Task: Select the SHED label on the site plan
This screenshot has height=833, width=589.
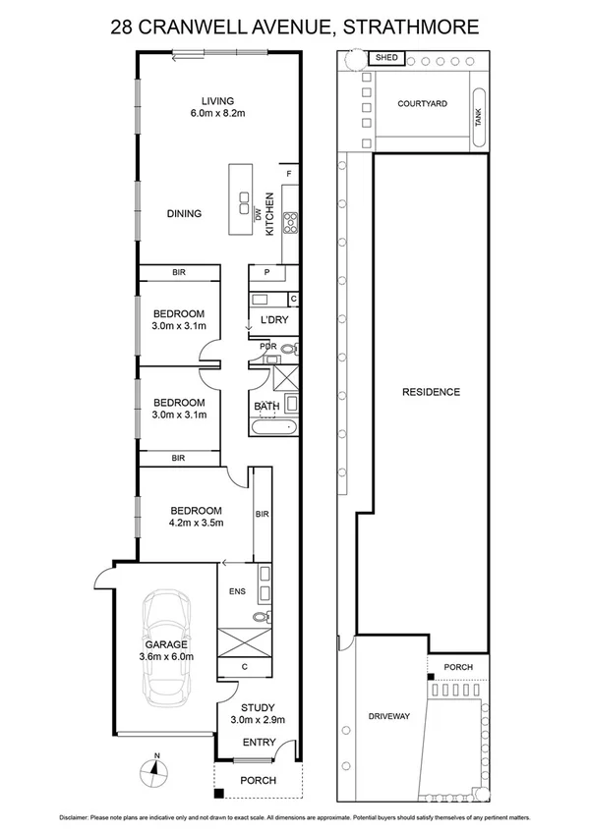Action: [385, 58]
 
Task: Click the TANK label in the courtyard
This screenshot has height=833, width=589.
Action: [479, 127]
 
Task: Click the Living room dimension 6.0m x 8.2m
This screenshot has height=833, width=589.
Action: [217, 114]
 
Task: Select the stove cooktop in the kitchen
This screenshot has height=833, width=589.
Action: [290, 223]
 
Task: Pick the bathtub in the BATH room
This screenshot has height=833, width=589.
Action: [272, 427]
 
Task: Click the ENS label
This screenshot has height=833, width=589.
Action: [236, 592]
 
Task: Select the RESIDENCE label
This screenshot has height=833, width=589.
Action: [431, 392]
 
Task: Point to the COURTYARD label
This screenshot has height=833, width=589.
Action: [423, 103]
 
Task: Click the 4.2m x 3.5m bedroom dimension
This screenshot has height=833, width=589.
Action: [197, 524]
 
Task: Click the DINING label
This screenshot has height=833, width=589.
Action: [184, 213]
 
